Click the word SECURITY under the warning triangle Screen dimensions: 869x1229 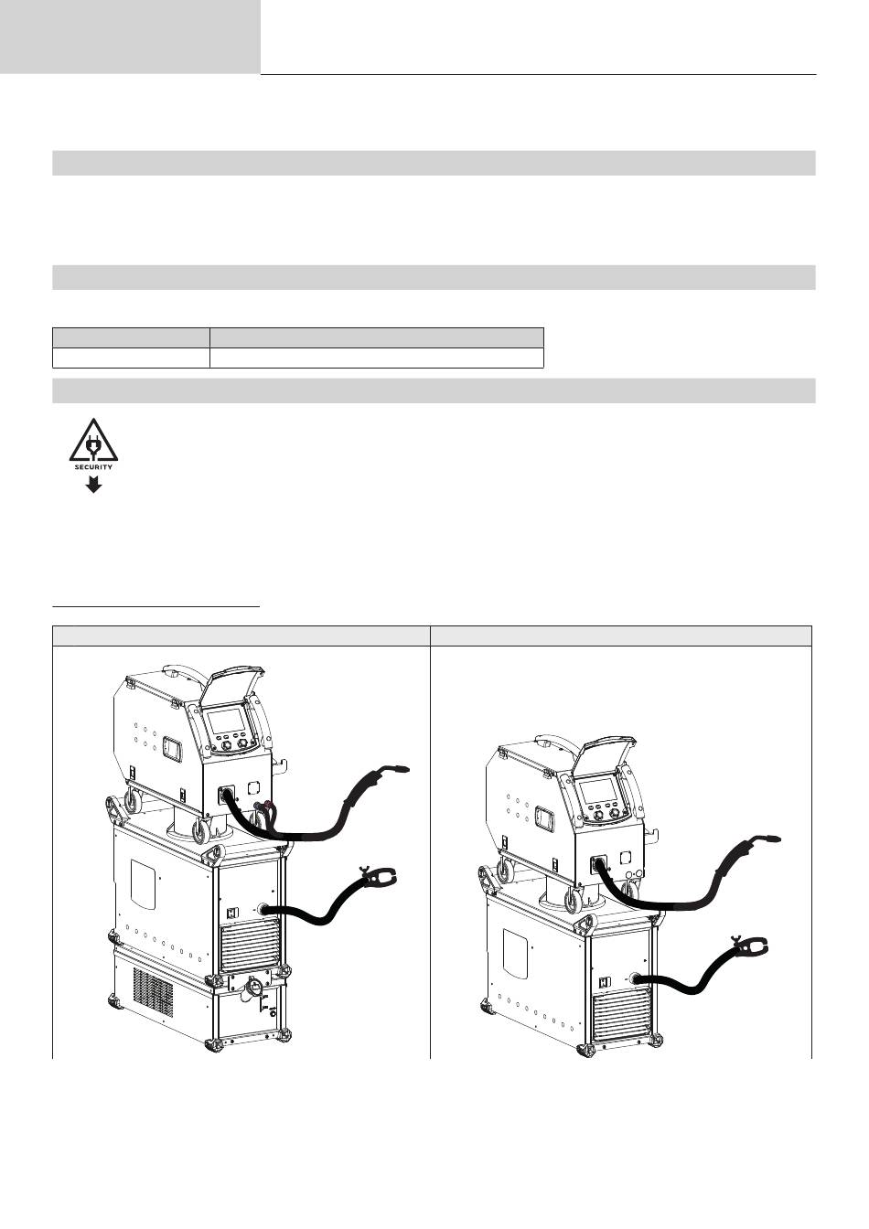pos(93,467)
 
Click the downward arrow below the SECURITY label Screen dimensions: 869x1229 pos(94,485)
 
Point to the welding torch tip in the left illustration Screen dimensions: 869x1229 pos(402,769)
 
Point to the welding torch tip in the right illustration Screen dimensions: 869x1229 pos(773,840)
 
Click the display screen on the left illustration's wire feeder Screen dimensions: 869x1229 pos(225,722)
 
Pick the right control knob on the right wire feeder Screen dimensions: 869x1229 pos(616,814)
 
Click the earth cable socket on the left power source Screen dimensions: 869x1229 pos(264,911)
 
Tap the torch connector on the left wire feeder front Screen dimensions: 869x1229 pos(226,795)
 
